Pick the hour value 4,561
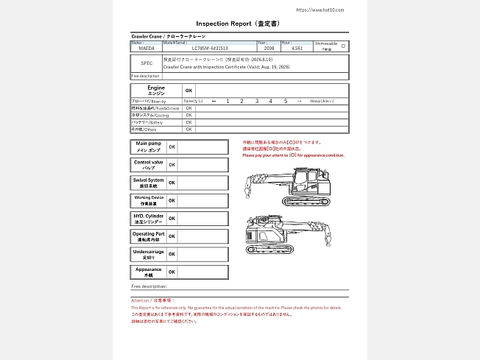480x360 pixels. coord(297,48)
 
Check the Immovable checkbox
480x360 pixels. coord(343,46)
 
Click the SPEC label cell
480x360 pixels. coord(147,63)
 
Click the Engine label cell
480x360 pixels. coord(156,91)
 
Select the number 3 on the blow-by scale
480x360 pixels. coord(257,100)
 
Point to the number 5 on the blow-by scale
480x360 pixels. coord(285,100)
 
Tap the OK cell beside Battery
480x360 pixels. coord(189,122)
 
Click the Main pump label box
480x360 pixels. coord(148,146)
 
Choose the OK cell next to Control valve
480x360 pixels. coord(172,164)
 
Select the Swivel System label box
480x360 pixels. coord(148,183)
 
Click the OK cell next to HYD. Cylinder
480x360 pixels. coord(172,219)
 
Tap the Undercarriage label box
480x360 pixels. coord(148,254)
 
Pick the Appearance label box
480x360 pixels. coord(148,272)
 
